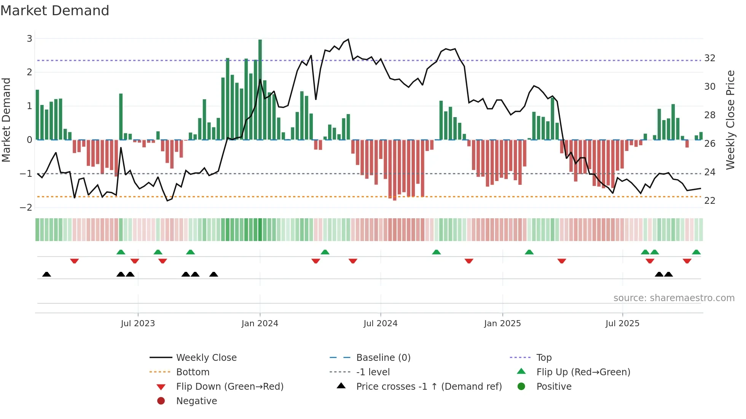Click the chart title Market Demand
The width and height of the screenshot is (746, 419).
(55, 10)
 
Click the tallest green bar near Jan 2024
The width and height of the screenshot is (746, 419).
(260, 90)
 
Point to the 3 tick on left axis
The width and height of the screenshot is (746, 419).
(29, 38)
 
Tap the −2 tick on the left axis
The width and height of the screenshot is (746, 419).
(26, 207)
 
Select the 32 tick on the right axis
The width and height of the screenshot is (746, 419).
(710, 58)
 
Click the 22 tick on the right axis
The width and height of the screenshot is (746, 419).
(710, 200)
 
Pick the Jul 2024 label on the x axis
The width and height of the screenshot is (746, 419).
(380, 324)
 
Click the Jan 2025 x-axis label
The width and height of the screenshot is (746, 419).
(502, 324)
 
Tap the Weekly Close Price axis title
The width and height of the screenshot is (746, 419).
(730, 120)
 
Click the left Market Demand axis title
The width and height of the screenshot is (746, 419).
(6, 120)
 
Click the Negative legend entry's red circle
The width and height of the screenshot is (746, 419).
(161, 401)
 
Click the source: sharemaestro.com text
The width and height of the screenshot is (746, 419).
(674, 298)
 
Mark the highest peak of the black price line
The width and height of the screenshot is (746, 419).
(348, 40)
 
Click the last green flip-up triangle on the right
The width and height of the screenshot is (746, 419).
(696, 252)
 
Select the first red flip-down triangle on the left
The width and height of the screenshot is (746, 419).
(75, 261)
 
